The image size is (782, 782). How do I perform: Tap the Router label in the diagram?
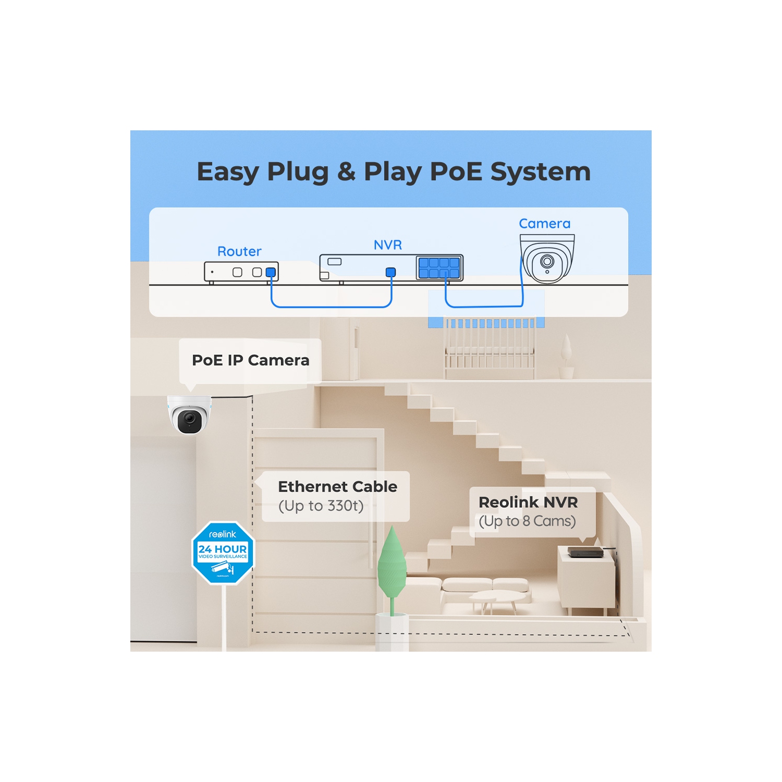[x=239, y=251]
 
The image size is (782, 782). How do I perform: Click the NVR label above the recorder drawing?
[x=388, y=245]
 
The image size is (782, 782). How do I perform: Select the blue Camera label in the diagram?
[x=544, y=224]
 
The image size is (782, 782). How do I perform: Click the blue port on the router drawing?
[x=271, y=272]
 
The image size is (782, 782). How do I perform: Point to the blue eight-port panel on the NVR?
[x=439, y=268]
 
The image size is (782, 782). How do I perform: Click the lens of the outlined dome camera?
[x=547, y=261]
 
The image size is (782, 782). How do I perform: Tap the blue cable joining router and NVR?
[x=331, y=307]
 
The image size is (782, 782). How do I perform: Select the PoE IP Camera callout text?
[x=250, y=360]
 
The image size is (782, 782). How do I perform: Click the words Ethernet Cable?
[x=337, y=486]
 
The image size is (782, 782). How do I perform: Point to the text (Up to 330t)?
[x=321, y=506]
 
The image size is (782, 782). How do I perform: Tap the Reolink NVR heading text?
[x=528, y=502]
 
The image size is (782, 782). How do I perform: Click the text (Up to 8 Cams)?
[x=527, y=521]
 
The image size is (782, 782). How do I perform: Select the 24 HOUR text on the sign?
[x=223, y=549]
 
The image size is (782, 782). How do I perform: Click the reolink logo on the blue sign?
[x=223, y=534]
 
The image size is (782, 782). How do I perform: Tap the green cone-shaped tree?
[x=392, y=566]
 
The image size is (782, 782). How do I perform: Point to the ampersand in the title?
[x=346, y=172]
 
